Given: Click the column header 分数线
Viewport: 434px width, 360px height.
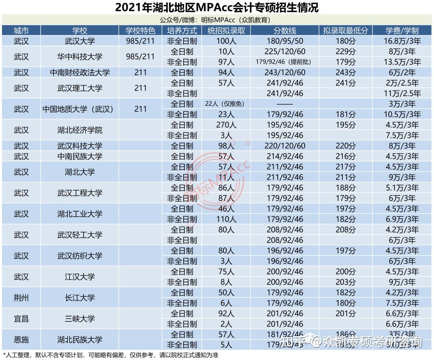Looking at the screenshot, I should [x=285, y=31].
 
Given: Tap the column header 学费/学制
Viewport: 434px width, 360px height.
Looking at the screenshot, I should [x=402, y=31].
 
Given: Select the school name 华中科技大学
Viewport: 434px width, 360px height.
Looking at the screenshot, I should [x=80, y=57].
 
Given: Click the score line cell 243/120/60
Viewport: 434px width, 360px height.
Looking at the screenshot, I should [x=285, y=72].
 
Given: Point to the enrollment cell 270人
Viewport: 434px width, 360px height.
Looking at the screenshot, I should [x=226, y=125].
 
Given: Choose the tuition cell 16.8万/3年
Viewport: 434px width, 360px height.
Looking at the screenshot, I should [x=402, y=41].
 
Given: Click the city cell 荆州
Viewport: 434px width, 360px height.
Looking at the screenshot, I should [x=21, y=298].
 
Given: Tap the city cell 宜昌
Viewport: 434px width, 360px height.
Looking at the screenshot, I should [x=21, y=319].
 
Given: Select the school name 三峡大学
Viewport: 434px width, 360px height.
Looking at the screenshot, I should [x=80, y=319].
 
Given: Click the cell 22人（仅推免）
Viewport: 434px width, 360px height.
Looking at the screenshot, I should [x=225, y=104].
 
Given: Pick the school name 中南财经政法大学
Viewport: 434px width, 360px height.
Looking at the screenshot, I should [x=80, y=72].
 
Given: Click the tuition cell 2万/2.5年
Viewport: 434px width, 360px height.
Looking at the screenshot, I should [x=402, y=83].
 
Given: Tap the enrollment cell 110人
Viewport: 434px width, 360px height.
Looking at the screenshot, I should [x=226, y=219].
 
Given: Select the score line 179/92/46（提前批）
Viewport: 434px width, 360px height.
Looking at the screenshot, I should [x=284, y=62].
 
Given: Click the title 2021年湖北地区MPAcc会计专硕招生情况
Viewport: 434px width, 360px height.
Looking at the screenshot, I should [x=217, y=7].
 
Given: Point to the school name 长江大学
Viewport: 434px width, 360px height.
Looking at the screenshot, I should [x=80, y=298].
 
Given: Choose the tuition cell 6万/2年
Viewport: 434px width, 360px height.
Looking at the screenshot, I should [x=402, y=72].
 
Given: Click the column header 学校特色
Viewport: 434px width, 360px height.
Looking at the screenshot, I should [x=140, y=31].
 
